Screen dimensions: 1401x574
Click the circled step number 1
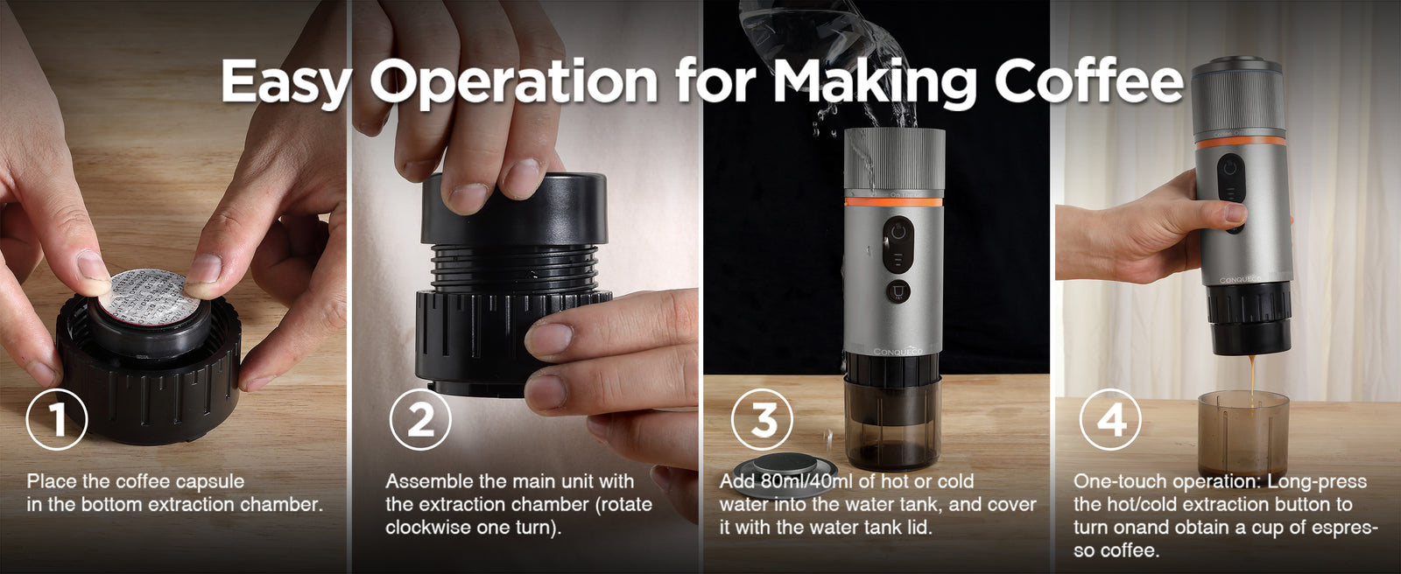(x=57, y=419)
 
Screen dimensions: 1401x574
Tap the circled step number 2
(x=420, y=419)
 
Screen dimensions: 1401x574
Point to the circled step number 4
(x=1111, y=419)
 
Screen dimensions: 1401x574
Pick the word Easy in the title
(x=285, y=82)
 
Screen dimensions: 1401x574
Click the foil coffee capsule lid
(x=150, y=291)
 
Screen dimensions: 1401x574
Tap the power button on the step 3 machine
(x=898, y=233)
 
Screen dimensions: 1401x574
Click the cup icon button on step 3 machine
(x=898, y=291)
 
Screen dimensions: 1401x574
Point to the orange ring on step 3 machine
(x=893, y=201)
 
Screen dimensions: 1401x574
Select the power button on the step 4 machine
(x=1230, y=168)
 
